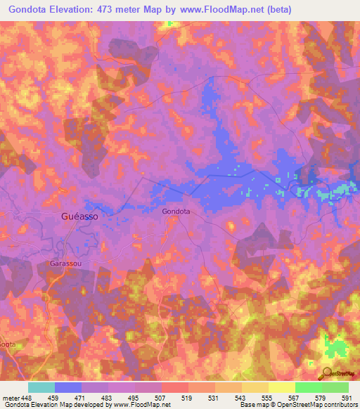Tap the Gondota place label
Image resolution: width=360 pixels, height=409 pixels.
coord(176,210)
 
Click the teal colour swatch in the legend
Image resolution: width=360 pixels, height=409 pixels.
coord(41,387)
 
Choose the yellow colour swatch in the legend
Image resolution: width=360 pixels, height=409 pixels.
coord(281,387)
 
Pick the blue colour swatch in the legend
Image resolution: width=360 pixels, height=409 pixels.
coord(68,387)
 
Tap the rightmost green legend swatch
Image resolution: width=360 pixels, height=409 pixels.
coord(335,387)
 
